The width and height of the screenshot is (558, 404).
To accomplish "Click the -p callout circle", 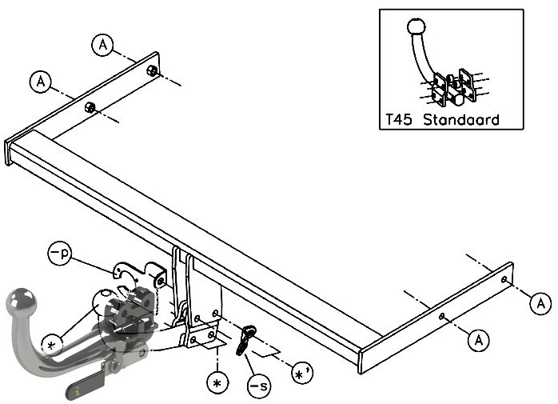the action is click(x=59, y=254).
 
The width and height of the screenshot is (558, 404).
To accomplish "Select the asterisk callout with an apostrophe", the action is click(x=302, y=373).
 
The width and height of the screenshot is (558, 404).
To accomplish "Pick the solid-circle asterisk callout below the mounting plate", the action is click(x=217, y=382).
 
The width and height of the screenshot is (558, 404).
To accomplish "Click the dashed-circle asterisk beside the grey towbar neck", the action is click(x=52, y=345).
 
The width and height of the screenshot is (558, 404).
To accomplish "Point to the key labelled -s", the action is click(x=245, y=340).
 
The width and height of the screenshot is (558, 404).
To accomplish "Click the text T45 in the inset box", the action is click(x=399, y=120).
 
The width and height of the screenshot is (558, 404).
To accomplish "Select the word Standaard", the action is click(x=461, y=119).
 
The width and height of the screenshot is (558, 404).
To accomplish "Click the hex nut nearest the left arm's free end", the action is click(x=152, y=70).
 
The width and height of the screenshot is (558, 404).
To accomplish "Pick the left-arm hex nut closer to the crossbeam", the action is click(x=90, y=107).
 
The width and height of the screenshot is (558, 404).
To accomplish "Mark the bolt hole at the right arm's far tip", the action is click(x=504, y=280).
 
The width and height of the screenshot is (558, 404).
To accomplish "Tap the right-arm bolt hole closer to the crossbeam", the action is click(x=441, y=316).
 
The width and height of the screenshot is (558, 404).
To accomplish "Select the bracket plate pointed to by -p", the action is click(x=140, y=274).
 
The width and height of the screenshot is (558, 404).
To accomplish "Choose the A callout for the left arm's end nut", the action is click(x=102, y=45).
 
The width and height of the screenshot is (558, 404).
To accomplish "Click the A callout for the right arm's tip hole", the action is click(x=540, y=303).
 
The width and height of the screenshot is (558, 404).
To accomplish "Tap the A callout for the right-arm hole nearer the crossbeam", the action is click(x=479, y=340).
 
